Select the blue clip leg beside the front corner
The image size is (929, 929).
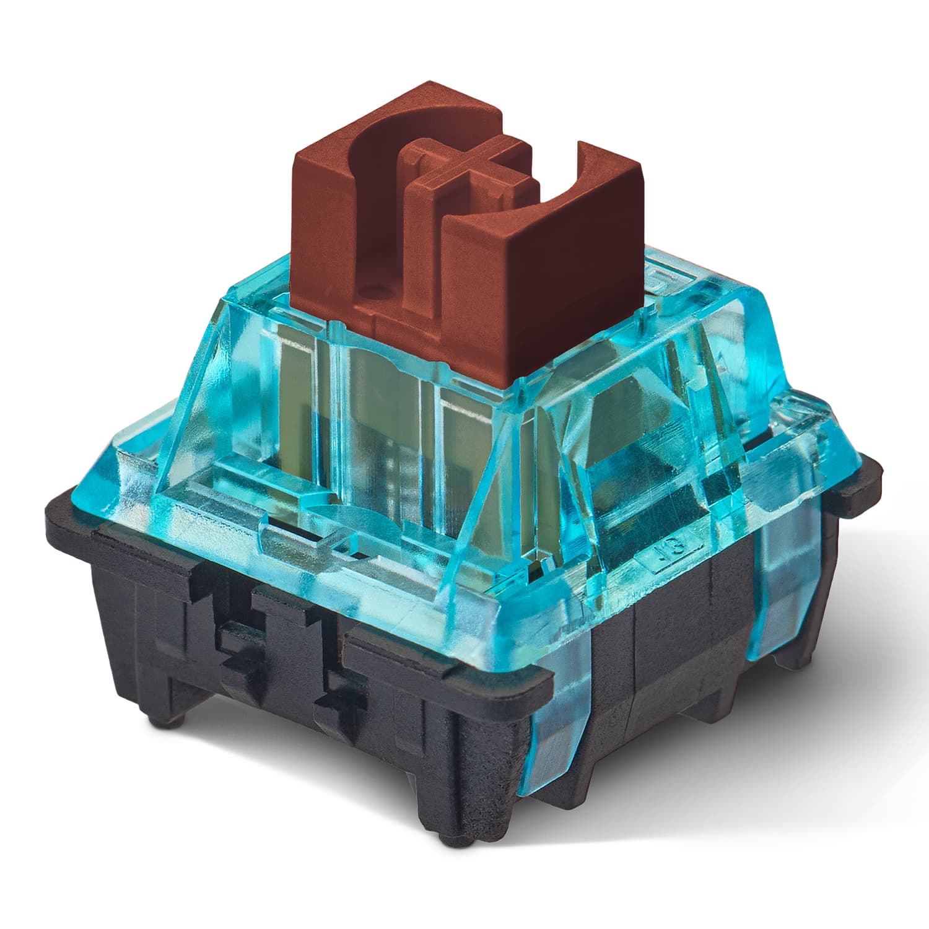click(557, 743)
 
